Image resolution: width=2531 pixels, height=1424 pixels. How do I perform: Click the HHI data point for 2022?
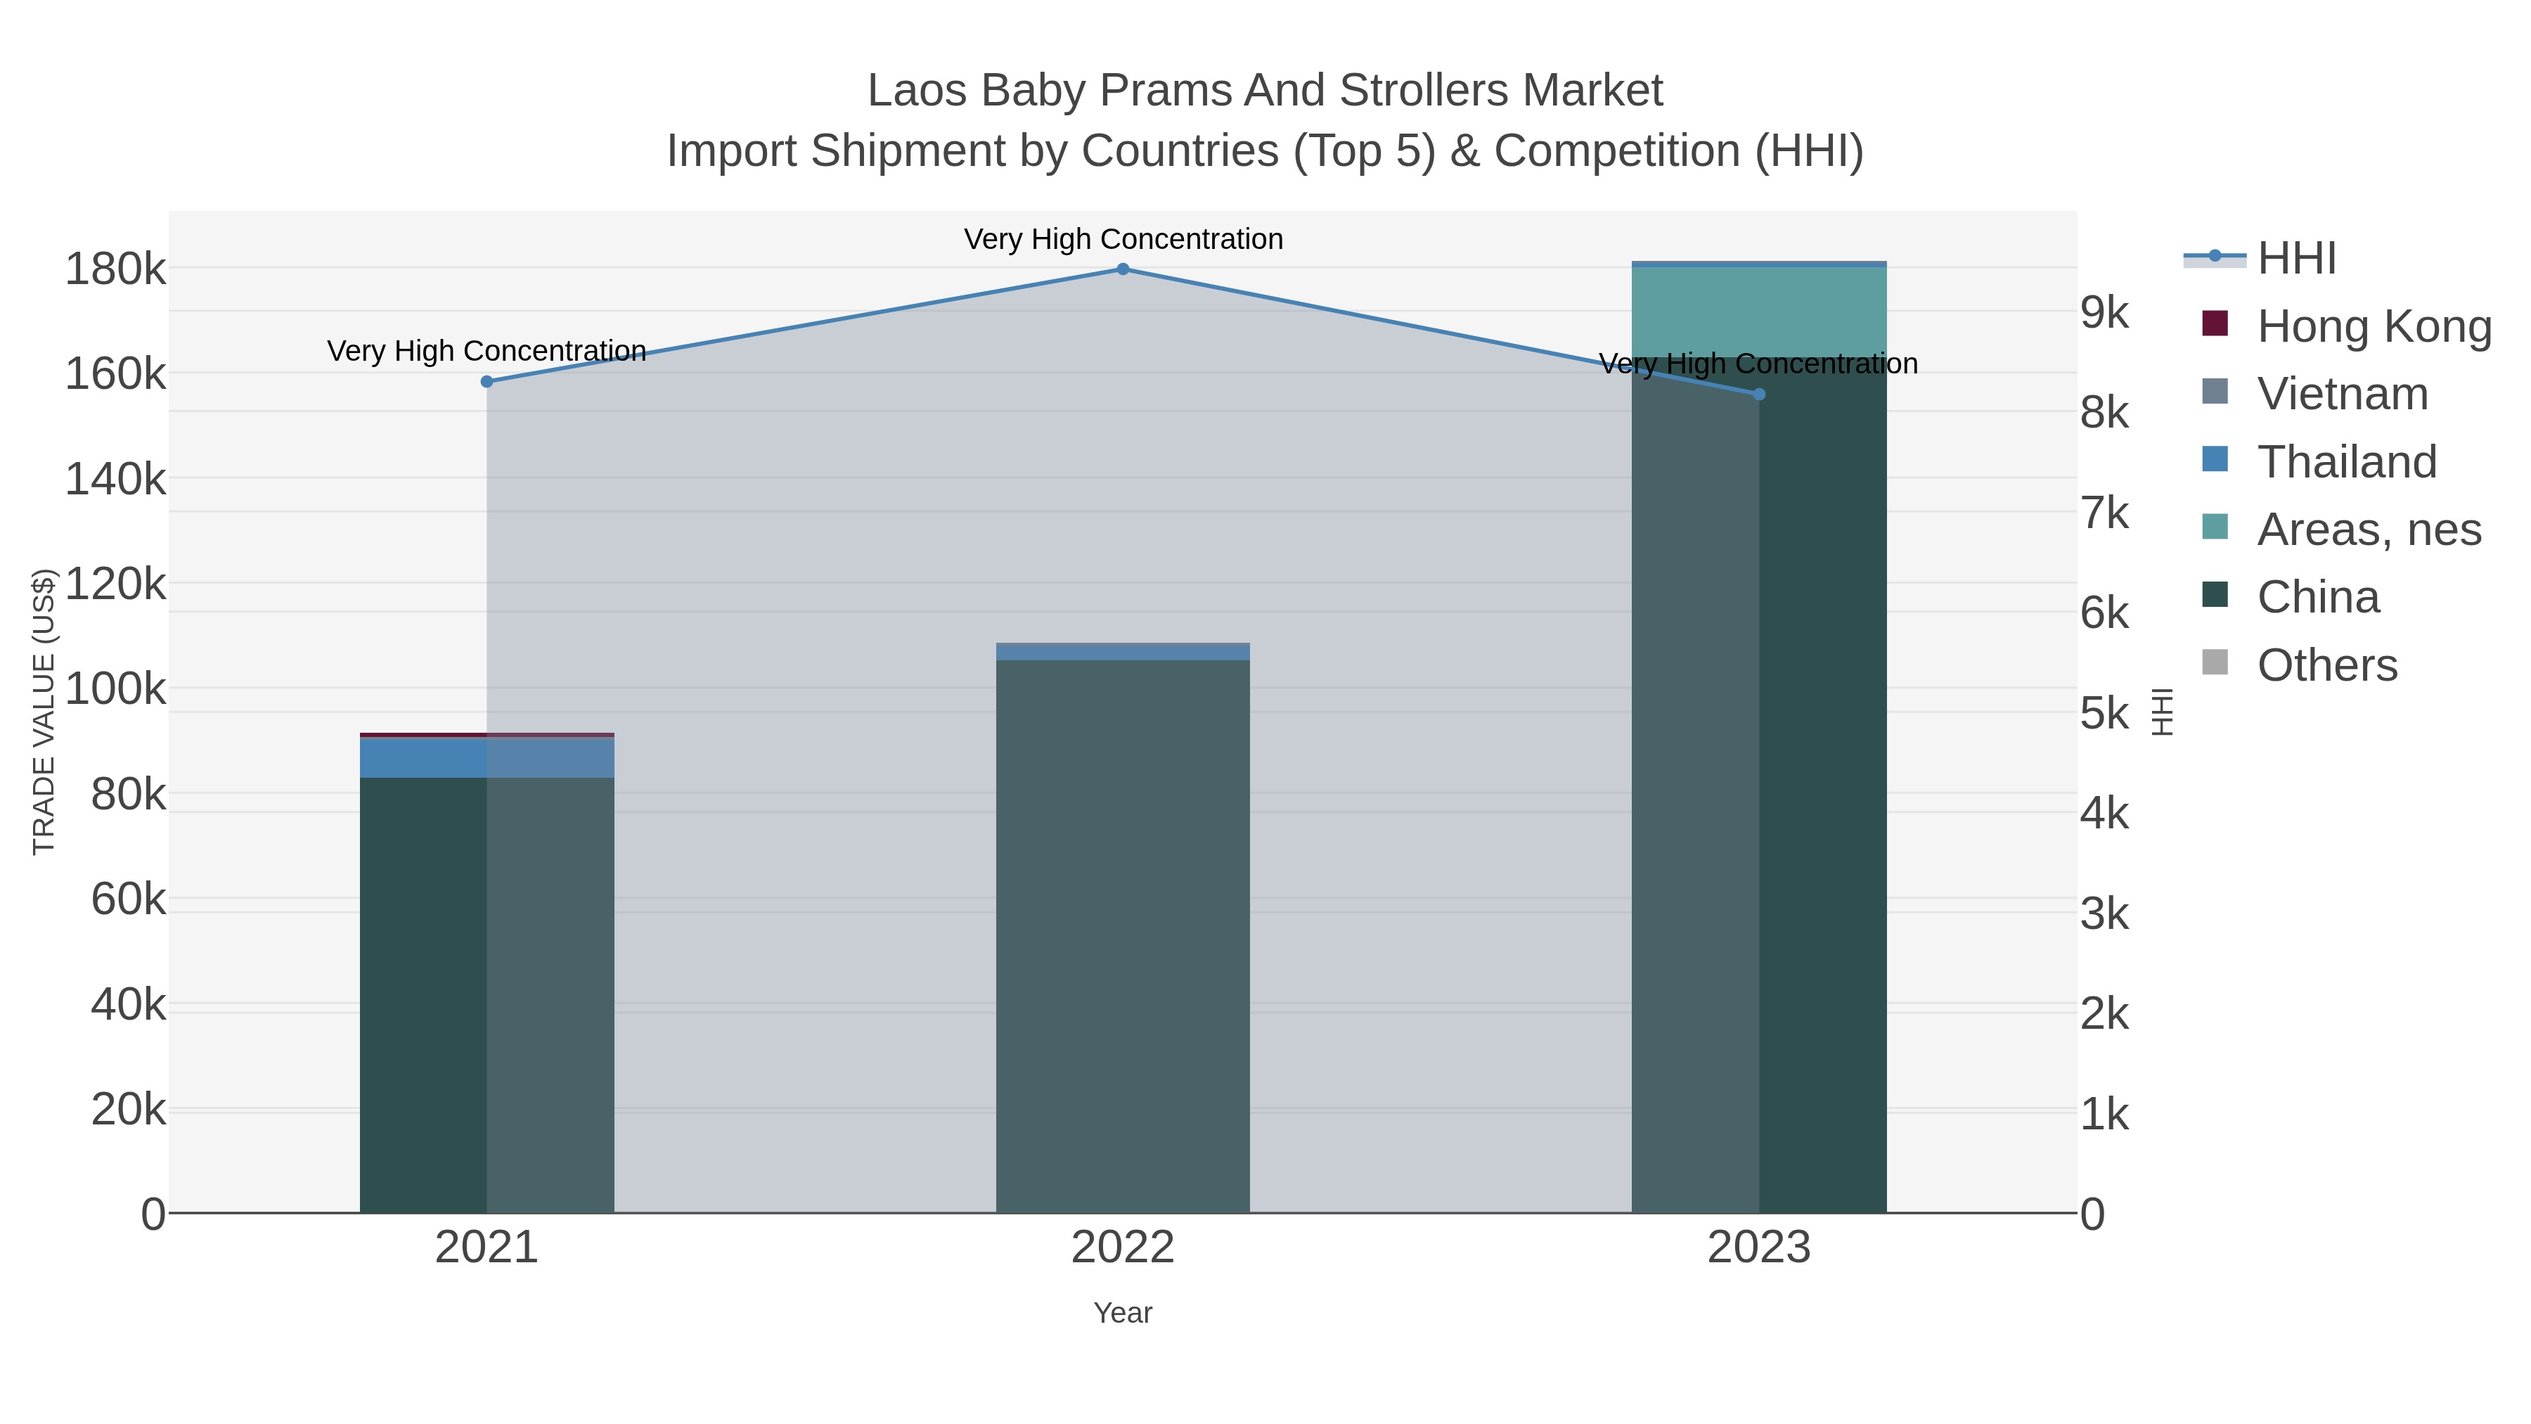(x=1123, y=269)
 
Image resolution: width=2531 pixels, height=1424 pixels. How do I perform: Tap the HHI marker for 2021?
(x=487, y=381)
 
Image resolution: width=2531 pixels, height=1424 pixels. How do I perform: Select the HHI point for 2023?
(x=1759, y=394)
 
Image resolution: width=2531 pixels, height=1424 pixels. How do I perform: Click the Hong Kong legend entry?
(x=2373, y=326)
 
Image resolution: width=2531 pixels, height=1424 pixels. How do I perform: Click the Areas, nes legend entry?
(x=2368, y=530)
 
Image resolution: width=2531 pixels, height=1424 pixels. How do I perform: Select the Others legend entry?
(x=2326, y=665)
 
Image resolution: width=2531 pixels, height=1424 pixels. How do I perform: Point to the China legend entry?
(x=2318, y=598)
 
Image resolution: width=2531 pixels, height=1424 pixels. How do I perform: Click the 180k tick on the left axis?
(x=115, y=269)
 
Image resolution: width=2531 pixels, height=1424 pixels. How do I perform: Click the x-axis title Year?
(x=1123, y=1313)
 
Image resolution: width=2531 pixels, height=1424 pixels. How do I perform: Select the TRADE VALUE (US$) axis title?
(x=44, y=712)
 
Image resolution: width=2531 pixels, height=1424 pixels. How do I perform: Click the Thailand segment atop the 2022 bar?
(x=1123, y=652)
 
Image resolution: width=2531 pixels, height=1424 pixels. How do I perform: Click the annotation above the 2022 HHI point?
(x=1123, y=239)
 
